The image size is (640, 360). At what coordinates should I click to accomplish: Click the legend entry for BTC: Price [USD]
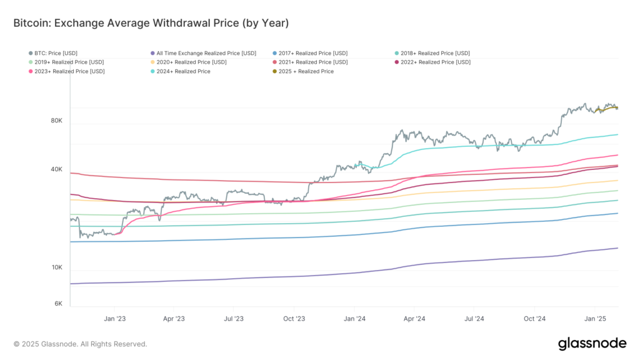(56, 53)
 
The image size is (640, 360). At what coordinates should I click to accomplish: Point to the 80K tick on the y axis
(56, 121)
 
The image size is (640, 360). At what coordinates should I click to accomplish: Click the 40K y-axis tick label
(56, 169)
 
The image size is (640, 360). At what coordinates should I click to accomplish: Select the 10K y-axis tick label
(56, 267)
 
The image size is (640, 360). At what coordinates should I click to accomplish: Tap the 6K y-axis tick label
(58, 303)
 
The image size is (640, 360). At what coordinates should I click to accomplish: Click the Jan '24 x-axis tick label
(354, 319)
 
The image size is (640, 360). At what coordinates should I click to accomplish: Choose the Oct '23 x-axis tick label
(294, 319)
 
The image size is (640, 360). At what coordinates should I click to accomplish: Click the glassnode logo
(591, 343)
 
